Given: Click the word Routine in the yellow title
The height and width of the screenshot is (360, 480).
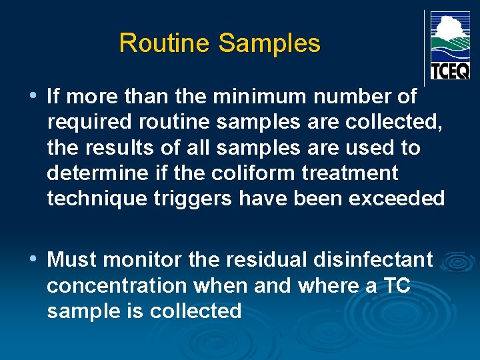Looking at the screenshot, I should [165, 44].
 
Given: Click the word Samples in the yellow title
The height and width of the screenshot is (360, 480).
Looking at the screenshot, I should [269, 44].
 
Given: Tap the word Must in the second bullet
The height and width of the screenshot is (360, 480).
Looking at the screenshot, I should [70, 259].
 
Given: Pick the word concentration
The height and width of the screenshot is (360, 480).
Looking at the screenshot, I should [117, 285].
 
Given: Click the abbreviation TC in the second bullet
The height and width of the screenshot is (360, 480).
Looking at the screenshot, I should [396, 285].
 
